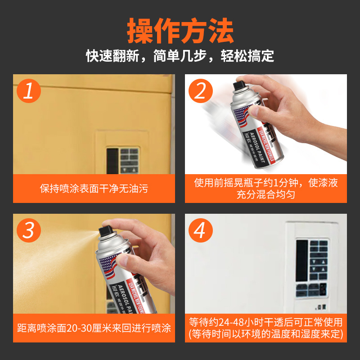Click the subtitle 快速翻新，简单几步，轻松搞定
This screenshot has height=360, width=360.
(x=180, y=56)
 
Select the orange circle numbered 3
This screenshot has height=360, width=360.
(x=29, y=231)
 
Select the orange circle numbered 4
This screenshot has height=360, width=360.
(x=201, y=231)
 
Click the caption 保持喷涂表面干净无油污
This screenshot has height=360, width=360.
(x=94, y=189)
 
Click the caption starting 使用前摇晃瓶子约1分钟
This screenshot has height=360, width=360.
(x=266, y=183)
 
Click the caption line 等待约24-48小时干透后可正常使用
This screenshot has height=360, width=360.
(x=266, y=322)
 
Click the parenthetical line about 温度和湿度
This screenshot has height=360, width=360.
(x=266, y=334)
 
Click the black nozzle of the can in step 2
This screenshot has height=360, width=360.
(x=239, y=85)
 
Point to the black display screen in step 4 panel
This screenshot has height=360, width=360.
(x=301, y=259)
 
